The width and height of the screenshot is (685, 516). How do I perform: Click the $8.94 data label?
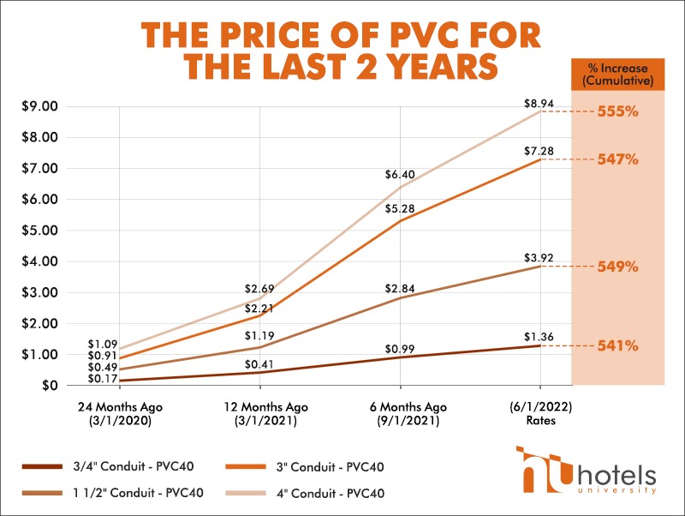click(x=539, y=104)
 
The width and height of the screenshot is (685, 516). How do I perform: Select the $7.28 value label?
click(x=539, y=152)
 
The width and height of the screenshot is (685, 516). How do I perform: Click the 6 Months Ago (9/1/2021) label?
click(x=409, y=413)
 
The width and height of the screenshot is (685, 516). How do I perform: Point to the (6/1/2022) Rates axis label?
click(x=539, y=413)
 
